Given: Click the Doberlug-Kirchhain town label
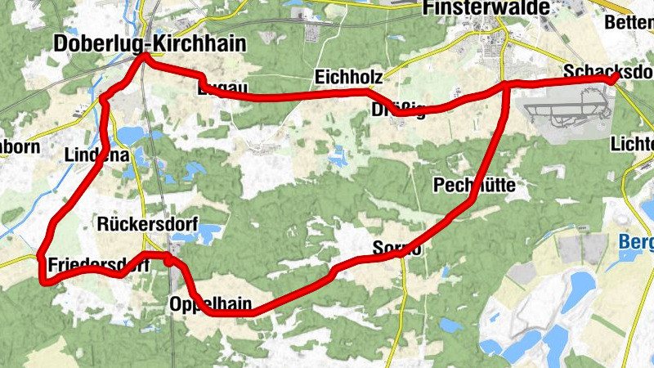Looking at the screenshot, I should coord(148,43).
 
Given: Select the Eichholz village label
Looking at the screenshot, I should coord(348,77).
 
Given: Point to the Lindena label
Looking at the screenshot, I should coord(97,153).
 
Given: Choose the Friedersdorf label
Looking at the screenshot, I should coord(98,265).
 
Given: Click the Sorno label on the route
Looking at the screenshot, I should coord(396,248).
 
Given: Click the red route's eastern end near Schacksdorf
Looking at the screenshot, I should coord(615,78).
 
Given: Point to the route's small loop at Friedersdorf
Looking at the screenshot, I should coord(168,260).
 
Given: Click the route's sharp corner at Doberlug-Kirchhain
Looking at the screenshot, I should coord(144,57).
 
